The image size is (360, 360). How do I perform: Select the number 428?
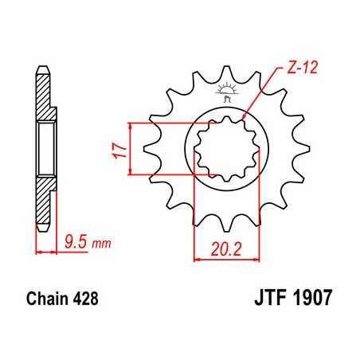[x=85, y=300]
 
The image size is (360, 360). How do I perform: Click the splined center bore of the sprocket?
[x=225, y=147]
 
